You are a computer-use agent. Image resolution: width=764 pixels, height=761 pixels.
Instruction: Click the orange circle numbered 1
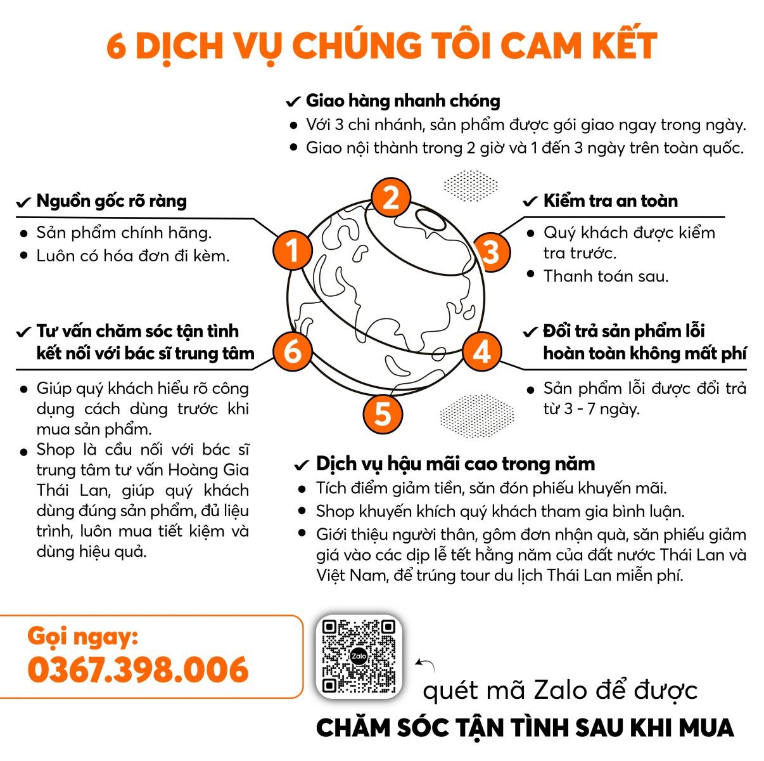(292, 250)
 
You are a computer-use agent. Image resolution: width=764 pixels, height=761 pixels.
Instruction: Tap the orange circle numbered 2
(390, 197)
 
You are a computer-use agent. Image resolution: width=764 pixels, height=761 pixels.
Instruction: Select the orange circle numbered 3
(491, 252)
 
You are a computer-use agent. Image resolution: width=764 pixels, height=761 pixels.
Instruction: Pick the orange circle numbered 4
(481, 352)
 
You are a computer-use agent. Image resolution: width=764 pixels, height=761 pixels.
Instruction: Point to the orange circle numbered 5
(383, 413)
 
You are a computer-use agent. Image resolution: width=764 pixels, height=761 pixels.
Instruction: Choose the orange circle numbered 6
(292, 351)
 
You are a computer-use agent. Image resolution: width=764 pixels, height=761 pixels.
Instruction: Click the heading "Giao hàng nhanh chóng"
(403, 101)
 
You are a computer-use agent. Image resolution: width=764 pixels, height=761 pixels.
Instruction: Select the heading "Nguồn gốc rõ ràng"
(111, 201)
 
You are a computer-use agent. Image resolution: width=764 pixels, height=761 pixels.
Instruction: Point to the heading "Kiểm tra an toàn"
(610, 201)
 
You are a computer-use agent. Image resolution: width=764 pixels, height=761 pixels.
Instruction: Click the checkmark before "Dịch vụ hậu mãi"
(302, 464)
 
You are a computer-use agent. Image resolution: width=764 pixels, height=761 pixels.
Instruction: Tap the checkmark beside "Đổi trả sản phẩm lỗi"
(530, 332)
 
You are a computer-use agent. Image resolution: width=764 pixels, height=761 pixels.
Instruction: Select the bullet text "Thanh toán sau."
(606, 276)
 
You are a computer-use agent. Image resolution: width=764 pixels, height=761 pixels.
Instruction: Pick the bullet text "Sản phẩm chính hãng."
(124, 233)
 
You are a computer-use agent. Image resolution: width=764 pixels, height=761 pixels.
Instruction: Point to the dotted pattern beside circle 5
(477, 415)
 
